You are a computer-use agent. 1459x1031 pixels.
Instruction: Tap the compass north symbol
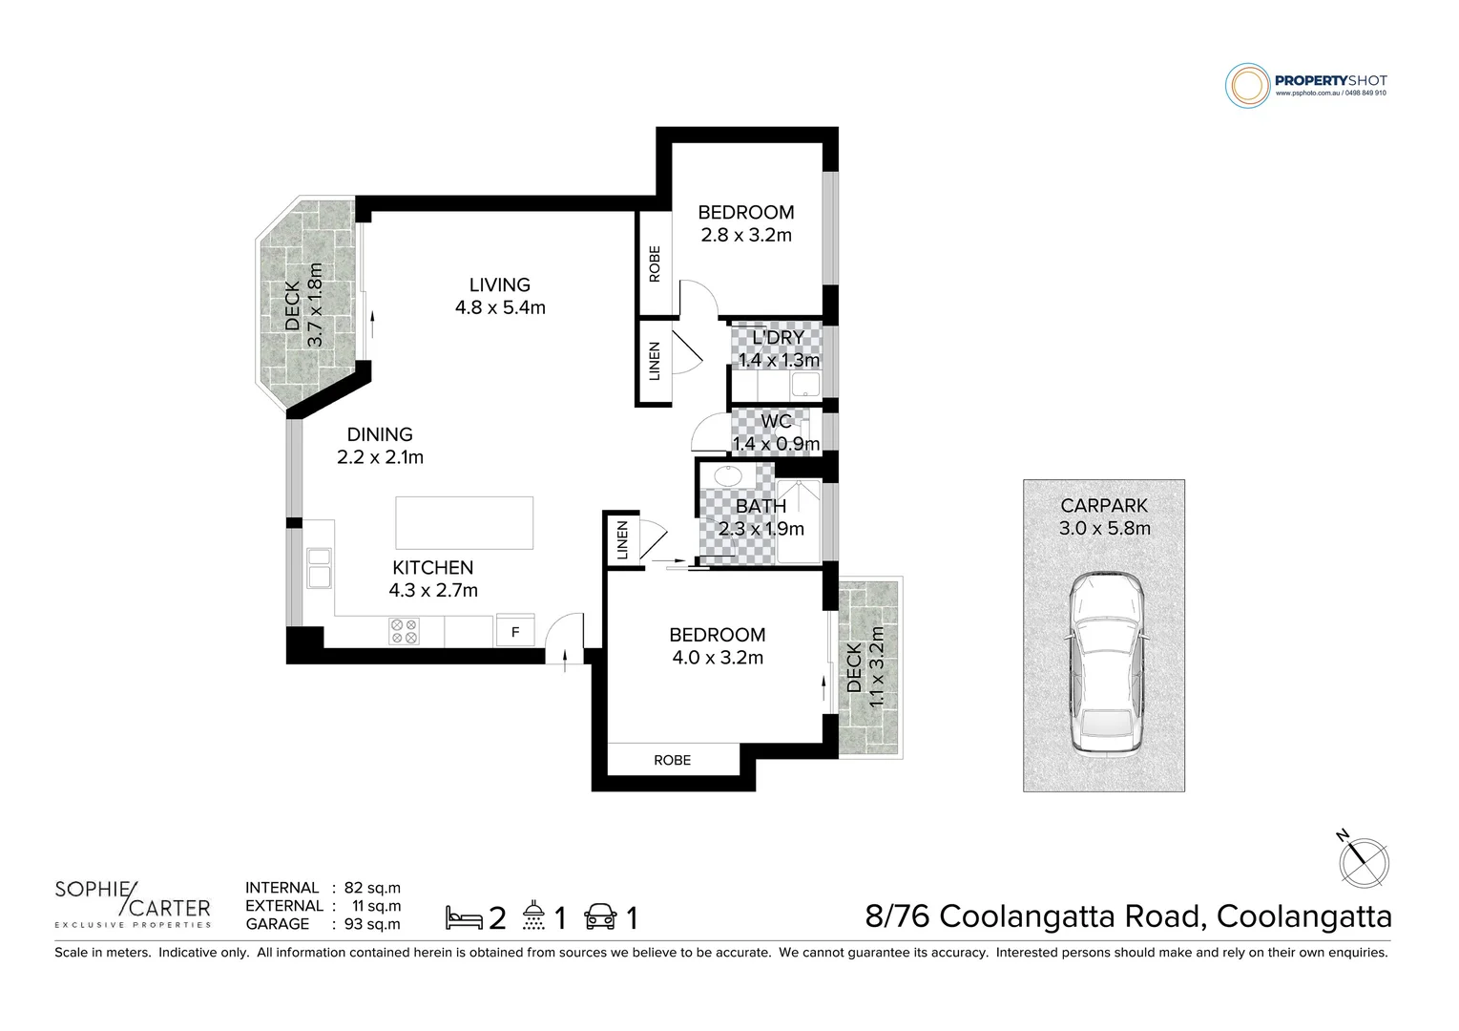tap(1362, 859)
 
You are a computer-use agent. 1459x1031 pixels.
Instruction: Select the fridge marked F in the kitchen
tap(515, 632)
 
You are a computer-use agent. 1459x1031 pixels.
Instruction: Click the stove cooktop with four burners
tap(404, 631)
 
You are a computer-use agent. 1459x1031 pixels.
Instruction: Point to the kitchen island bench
tap(465, 522)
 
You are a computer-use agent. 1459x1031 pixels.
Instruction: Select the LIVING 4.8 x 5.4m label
tap(500, 295)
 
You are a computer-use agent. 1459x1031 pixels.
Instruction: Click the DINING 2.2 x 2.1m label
tap(380, 446)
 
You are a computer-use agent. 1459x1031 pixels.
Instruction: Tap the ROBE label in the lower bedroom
tap(672, 760)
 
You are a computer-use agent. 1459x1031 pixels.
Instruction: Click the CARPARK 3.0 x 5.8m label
tap(1104, 516)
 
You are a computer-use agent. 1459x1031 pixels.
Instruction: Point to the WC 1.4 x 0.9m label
tap(776, 432)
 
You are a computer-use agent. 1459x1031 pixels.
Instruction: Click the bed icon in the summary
tap(464, 918)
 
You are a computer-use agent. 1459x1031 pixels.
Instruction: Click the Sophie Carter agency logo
tap(132, 902)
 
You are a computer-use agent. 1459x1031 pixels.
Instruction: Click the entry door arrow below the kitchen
tap(564, 659)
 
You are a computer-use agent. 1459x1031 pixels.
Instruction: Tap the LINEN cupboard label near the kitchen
tap(622, 540)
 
